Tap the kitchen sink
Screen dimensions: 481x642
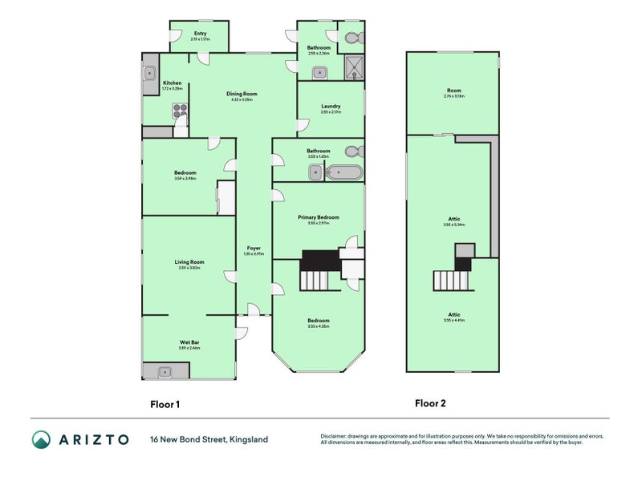[x=150, y=74]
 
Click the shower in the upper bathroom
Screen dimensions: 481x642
[x=354, y=68]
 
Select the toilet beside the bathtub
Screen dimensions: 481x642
[x=351, y=151]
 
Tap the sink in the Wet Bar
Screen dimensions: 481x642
[x=165, y=371]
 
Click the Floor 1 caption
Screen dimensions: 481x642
[x=165, y=405]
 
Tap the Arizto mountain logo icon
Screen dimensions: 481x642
[x=41, y=439]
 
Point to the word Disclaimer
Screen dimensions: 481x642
[x=335, y=436]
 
